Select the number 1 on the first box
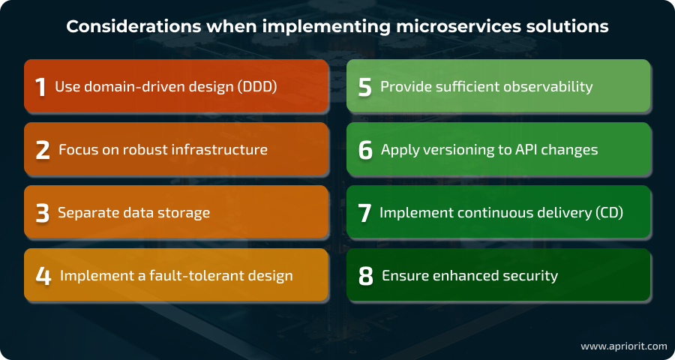[x=41, y=87]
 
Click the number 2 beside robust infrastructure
[x=43, y=150]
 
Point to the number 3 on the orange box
[x=43, y=213]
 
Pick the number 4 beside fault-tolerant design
[x=43, y=276]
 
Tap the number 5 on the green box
[x=365, y=87]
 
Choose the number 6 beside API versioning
[x=365, y=150]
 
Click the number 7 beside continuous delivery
[x=365, y=213]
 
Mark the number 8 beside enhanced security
[x=366, y=276]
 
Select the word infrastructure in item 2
[x=222, y=150]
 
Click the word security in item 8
[x=529, y=276]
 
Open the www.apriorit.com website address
[x=623, y=346]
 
